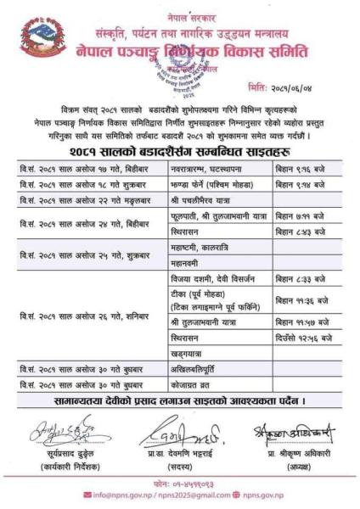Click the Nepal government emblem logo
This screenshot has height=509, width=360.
pos(39,38)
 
